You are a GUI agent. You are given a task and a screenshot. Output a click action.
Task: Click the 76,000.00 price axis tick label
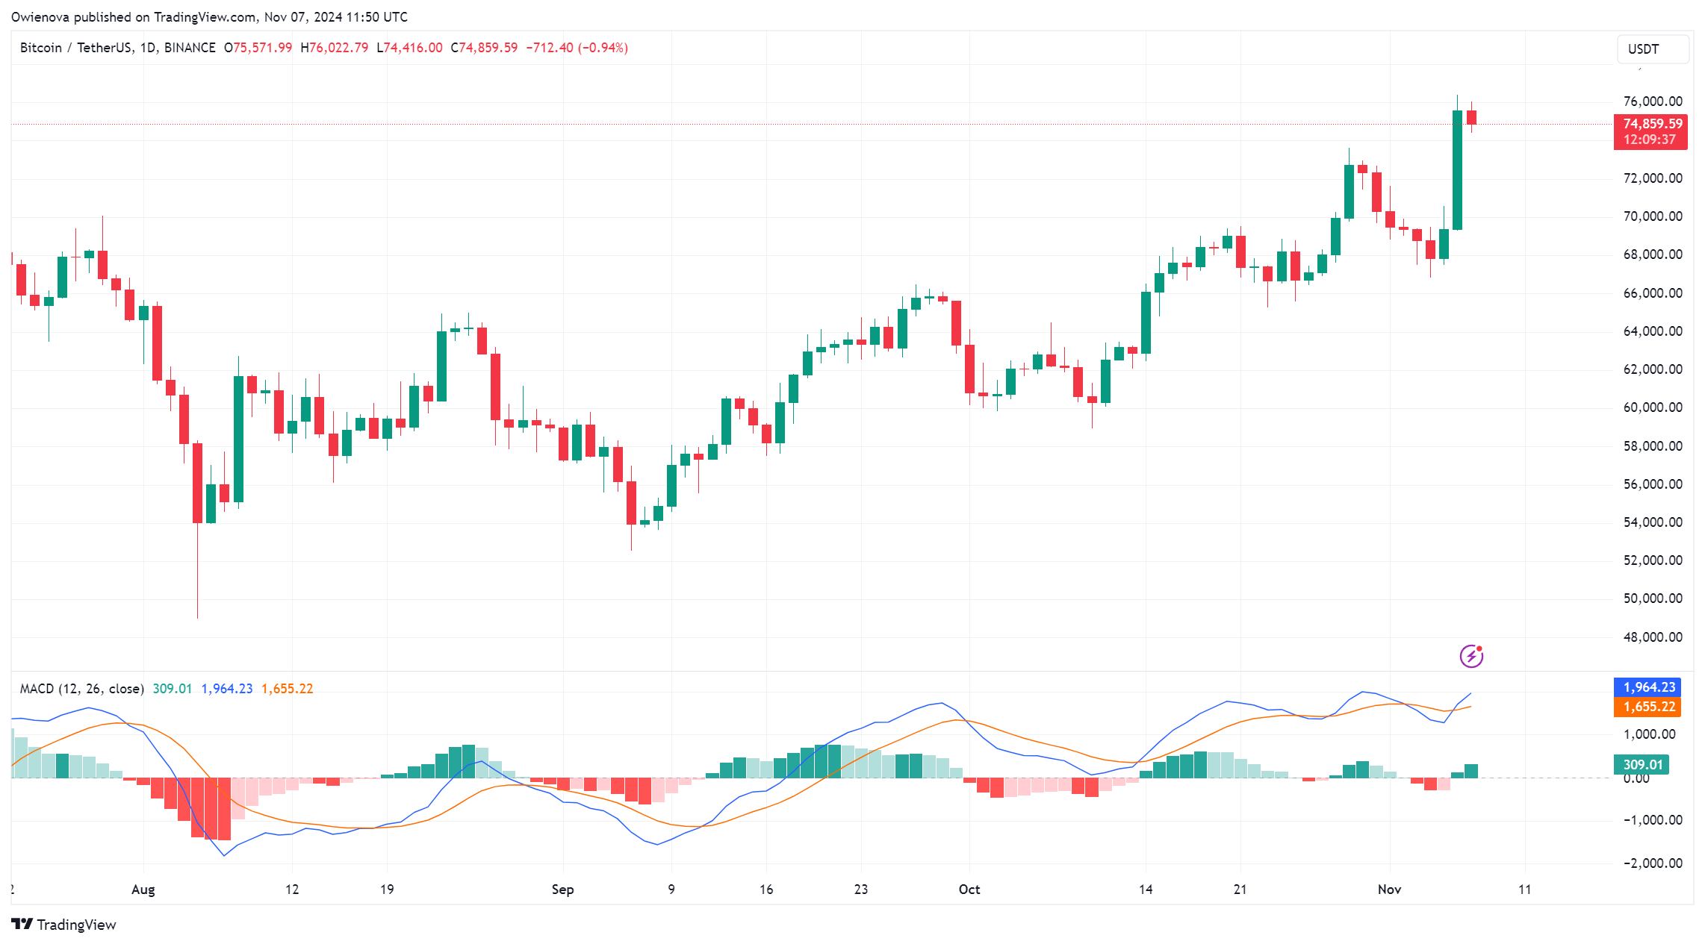(1652, 101)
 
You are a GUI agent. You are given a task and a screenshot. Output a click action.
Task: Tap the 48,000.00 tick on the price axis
(1652, 637)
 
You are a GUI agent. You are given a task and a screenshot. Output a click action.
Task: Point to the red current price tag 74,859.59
(1652, 124)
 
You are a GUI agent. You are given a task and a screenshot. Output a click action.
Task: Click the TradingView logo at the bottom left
(64, 925)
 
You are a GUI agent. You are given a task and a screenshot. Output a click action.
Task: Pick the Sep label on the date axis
(562, 890)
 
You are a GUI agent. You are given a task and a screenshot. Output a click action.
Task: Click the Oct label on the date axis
(969, 890)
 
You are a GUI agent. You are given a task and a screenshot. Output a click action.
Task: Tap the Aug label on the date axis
(143, 890)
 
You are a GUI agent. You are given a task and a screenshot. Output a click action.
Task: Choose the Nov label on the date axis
(1389, 890)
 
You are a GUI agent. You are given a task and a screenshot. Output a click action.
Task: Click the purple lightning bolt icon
(1471, 656)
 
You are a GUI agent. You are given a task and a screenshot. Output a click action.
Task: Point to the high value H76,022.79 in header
(335, 48)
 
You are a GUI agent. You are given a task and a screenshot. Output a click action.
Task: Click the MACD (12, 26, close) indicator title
(81, 689)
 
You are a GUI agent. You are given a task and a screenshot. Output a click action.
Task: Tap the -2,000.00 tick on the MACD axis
(1652, 863)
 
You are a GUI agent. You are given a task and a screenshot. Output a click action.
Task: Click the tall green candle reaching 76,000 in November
(1457, 170)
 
